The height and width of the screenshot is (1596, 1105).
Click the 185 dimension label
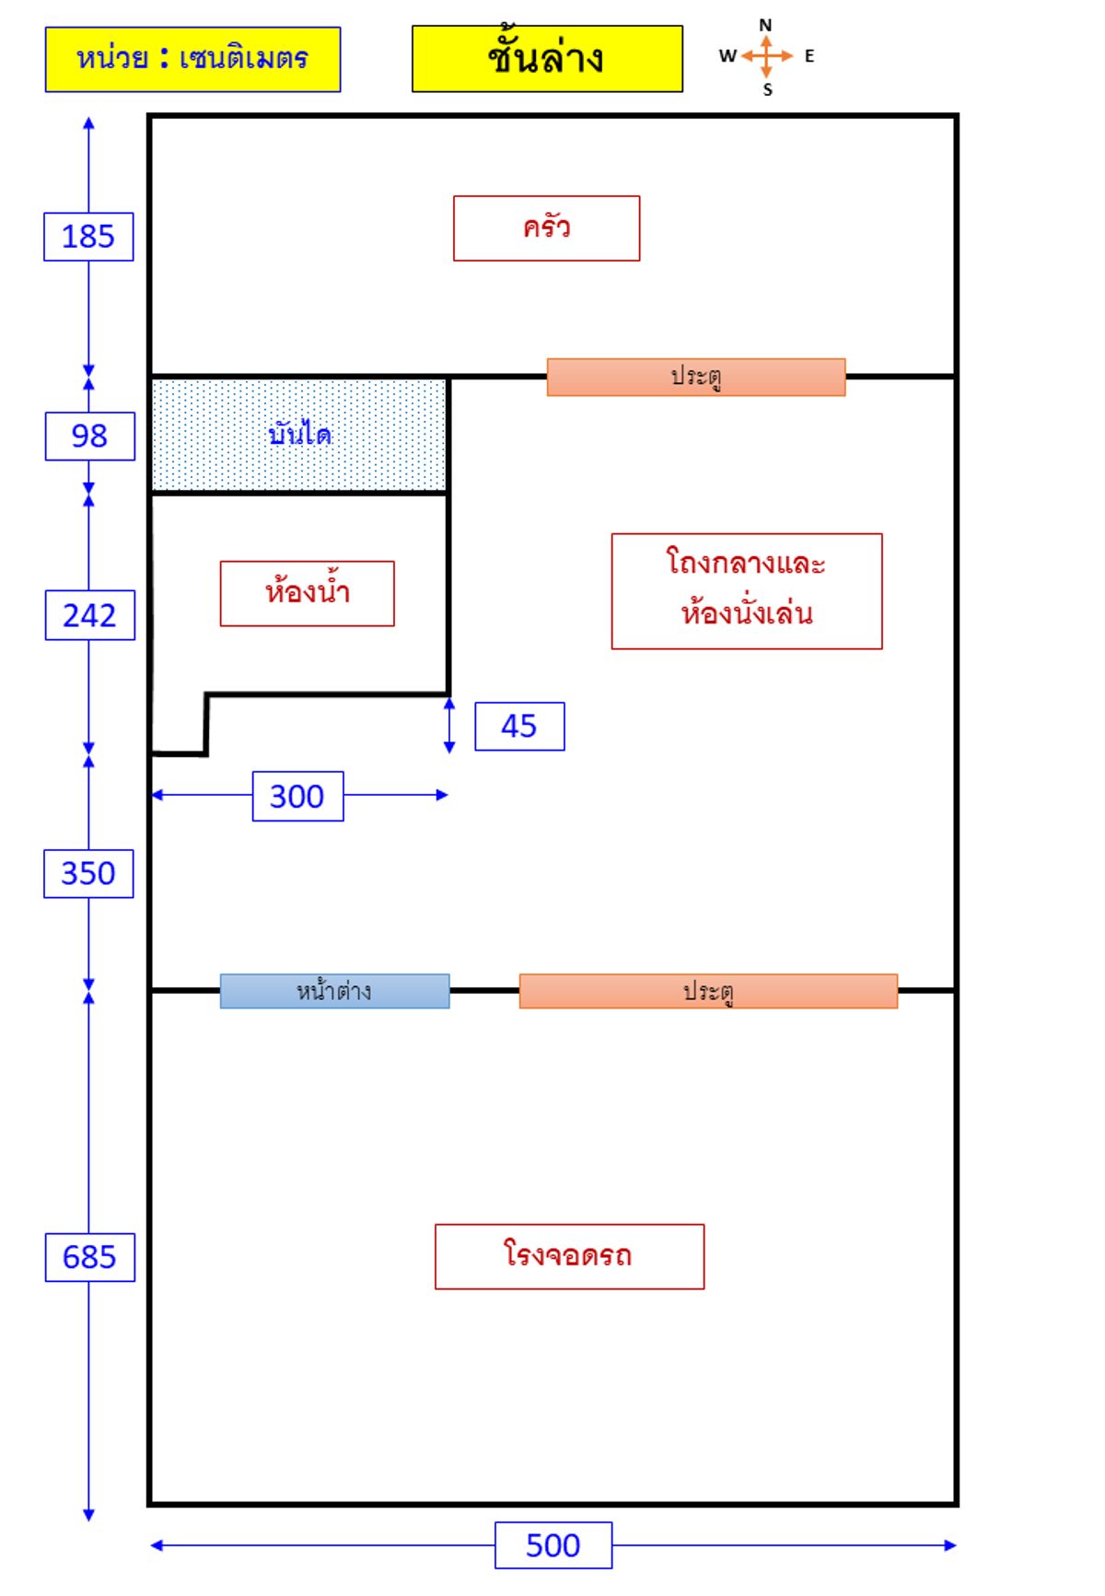[x=88, y=237]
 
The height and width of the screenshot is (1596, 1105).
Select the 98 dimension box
[x=89, y=436]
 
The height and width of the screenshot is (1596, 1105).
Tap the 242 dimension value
[x=89, y=615]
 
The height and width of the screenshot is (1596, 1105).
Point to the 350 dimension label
[x=88, y=873]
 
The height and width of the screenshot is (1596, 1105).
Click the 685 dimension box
[x=89, y=1257]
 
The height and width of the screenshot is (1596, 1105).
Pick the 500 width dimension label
[x=552, y=1545]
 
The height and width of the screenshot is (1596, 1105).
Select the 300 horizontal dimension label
[x=297, y=796]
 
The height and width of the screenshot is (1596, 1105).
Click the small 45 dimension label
[x=519, y=727]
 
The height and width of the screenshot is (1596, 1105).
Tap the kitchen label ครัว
[x=546, y=228]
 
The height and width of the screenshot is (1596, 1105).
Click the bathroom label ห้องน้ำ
[x=307, y=593]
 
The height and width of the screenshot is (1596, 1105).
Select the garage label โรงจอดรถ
[x=569, y=1256]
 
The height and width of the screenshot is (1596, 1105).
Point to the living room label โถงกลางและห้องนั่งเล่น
[x=746, y=590]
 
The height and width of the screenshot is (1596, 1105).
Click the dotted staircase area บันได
[x=299, y=435]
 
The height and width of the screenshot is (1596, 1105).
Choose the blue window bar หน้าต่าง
[x=334, y=991]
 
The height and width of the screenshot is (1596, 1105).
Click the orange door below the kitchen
[x=695, y=377]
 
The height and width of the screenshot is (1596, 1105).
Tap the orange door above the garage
[x=707, y=991]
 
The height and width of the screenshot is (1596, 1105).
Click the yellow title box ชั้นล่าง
[x=547, y=59]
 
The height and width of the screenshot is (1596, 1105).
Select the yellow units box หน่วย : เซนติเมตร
[x=192, y=60]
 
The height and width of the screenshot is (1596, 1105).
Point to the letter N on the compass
[x=765, y=25]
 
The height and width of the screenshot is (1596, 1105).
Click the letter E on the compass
[x=809, y=56]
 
